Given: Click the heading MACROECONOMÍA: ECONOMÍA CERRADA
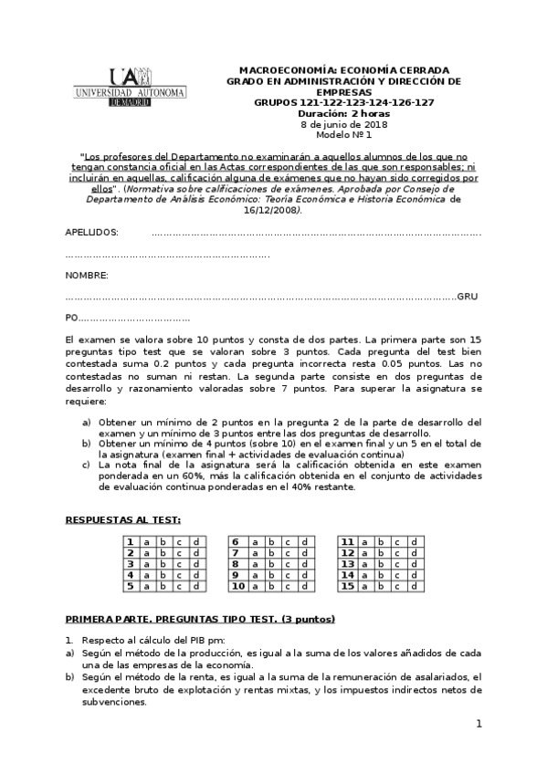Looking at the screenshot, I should coord(343,70).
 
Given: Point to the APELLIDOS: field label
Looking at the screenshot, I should coord(92,233).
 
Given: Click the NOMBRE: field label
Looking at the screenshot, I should coord(88,275).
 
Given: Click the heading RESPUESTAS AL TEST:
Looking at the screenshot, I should coord(122,519).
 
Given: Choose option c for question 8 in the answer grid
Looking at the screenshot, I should coord(286,564).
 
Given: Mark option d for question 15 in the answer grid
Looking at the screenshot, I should coord(415,587).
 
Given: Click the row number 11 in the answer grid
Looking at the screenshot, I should coord(348,541).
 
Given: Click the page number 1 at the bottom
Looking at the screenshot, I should coord(478,724).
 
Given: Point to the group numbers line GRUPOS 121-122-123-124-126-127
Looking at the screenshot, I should coord(343,102).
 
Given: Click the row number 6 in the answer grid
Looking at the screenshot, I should coord(236,541).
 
